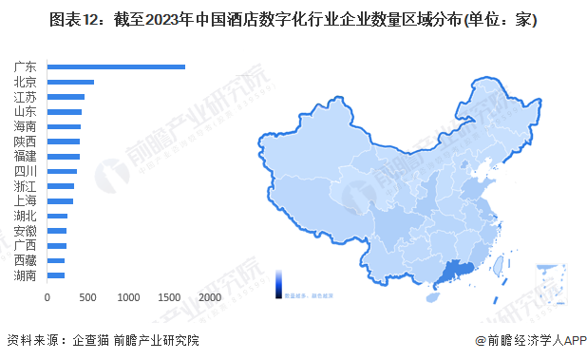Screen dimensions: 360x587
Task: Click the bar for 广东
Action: pos(116,66)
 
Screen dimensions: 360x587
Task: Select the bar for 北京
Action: pos(70,82)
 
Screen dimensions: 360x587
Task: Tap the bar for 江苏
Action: pos(66,97)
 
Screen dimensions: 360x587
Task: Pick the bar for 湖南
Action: pos(56,275)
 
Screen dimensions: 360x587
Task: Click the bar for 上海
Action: pos(60,201)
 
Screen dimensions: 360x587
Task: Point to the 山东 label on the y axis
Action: pos(26,112)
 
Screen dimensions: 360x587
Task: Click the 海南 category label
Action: pos(26,126)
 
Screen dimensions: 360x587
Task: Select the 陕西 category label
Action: pos(26,142)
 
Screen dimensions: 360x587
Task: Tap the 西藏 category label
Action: pos(26,260)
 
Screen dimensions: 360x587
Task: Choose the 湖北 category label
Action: pos(26,216)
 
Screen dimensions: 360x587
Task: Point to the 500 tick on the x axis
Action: pos(87,297)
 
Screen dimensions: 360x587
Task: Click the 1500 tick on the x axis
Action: pos(168,297)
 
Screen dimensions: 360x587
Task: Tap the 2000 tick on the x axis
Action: pos(209,297)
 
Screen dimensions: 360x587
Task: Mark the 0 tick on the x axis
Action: pos(47,297)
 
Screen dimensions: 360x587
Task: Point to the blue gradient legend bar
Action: pos(280,281)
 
